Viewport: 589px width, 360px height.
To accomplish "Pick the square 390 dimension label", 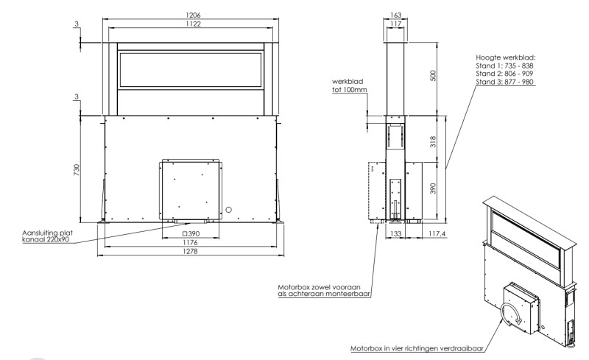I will pos(193,233).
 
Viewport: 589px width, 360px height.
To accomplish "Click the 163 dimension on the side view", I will pos(395,15).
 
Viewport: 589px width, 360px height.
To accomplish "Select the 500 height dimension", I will pos(434,76).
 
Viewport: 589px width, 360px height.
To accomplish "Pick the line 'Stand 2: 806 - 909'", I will pos(504,74).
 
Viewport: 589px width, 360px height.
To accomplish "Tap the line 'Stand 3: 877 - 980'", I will pos(504,82).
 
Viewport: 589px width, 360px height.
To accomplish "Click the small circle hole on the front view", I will pos(229,210).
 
